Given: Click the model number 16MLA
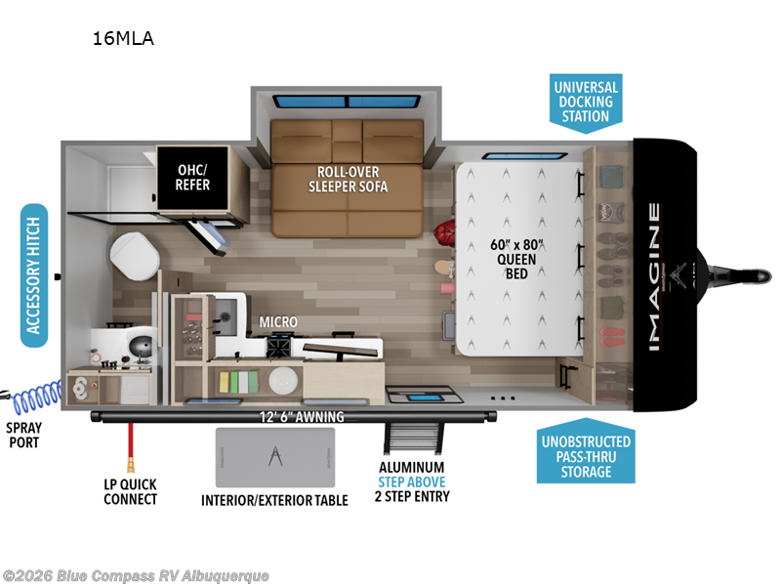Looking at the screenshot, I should [123, 39].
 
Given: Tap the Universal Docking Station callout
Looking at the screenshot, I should [584, 102].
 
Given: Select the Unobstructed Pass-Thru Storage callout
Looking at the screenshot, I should [584, 456].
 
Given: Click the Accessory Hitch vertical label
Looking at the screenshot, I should [34, 276].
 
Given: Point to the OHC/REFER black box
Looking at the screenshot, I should [192, 177].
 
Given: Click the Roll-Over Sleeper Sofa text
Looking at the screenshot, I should [348, 178].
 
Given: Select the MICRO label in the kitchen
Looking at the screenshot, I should [277, 321].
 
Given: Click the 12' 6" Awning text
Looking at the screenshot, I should [303, 417].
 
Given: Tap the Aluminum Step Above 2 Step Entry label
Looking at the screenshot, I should [413, 482].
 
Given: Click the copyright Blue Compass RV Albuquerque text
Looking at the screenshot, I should [137, 575].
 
